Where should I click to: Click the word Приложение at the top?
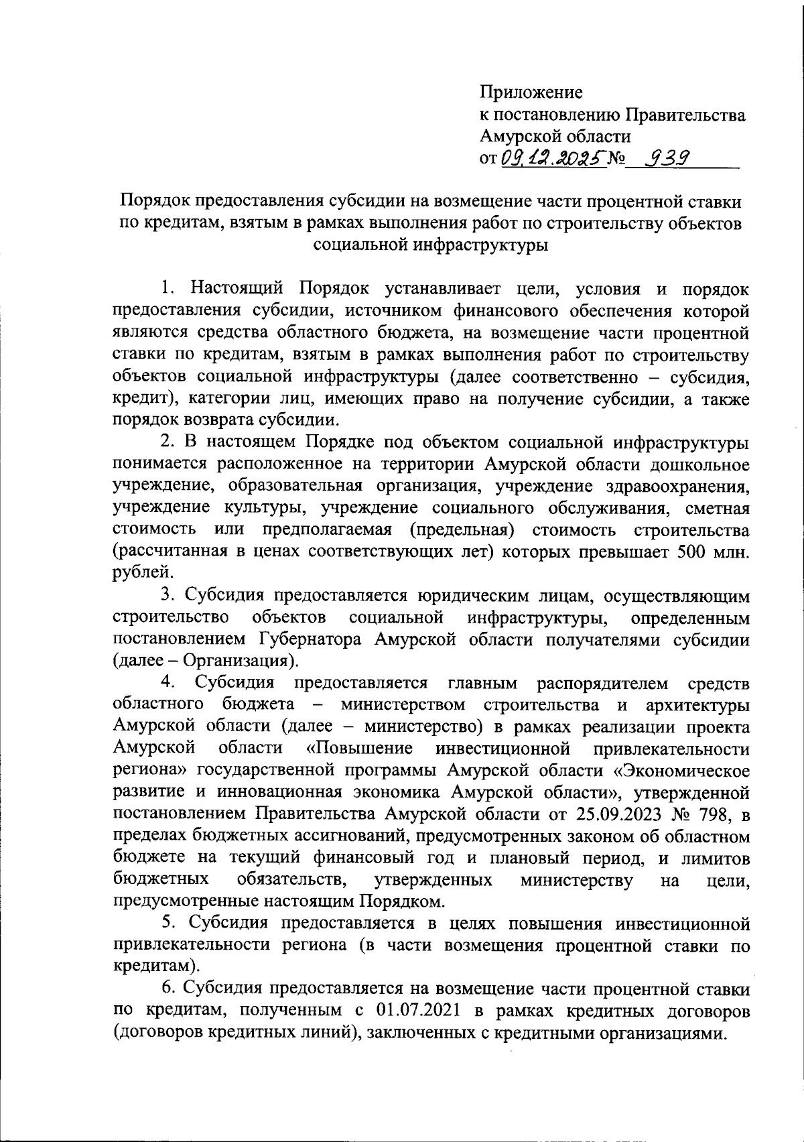tap(531, 91)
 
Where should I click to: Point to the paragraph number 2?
tap(166, 442)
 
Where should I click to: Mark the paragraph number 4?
tap(167, 683)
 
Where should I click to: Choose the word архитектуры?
tap(697, 705)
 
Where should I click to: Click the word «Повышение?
tap(358, 748)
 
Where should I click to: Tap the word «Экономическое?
tap(683, 770)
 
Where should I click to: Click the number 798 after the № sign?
tap(713, 814)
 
